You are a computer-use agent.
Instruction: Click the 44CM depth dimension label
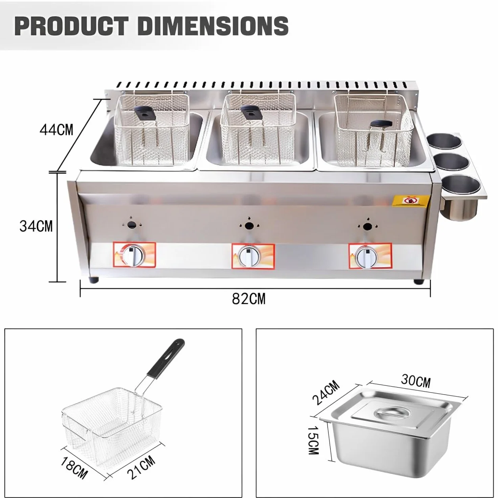click(x=56, y=130)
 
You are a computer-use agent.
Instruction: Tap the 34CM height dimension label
click(x=36, y=226)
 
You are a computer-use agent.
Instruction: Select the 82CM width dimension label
click(x=249, y=299)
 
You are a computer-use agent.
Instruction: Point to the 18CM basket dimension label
click(x=74, y=467)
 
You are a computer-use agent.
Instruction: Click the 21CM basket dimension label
click(x=142, y=468)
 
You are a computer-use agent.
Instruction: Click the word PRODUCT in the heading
click(x=71, y=26)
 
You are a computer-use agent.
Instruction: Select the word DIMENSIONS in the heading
click(x=215, y=26)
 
